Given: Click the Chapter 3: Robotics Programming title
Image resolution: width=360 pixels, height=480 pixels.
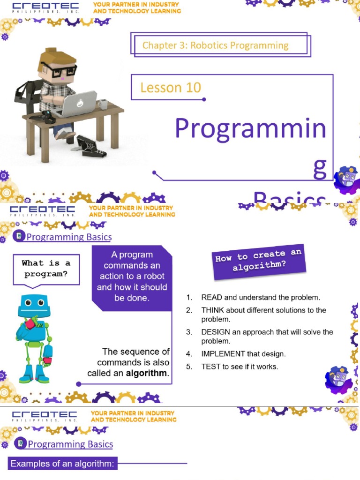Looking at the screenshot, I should tap(215, 45).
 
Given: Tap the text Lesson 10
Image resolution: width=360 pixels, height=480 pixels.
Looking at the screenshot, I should tap(170, 87).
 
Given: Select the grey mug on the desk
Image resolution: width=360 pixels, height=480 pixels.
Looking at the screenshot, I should tap(103, 104).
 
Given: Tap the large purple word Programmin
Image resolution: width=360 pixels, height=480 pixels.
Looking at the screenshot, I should tap(250, 128).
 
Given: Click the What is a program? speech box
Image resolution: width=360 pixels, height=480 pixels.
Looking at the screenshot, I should tap(45, 269).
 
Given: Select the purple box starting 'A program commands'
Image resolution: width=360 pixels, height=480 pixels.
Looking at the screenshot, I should tap(132, 277).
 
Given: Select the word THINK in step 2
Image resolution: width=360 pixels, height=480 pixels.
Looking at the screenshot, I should tap(212, 310).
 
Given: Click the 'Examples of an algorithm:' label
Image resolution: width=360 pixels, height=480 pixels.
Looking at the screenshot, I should tap(62, 464).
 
